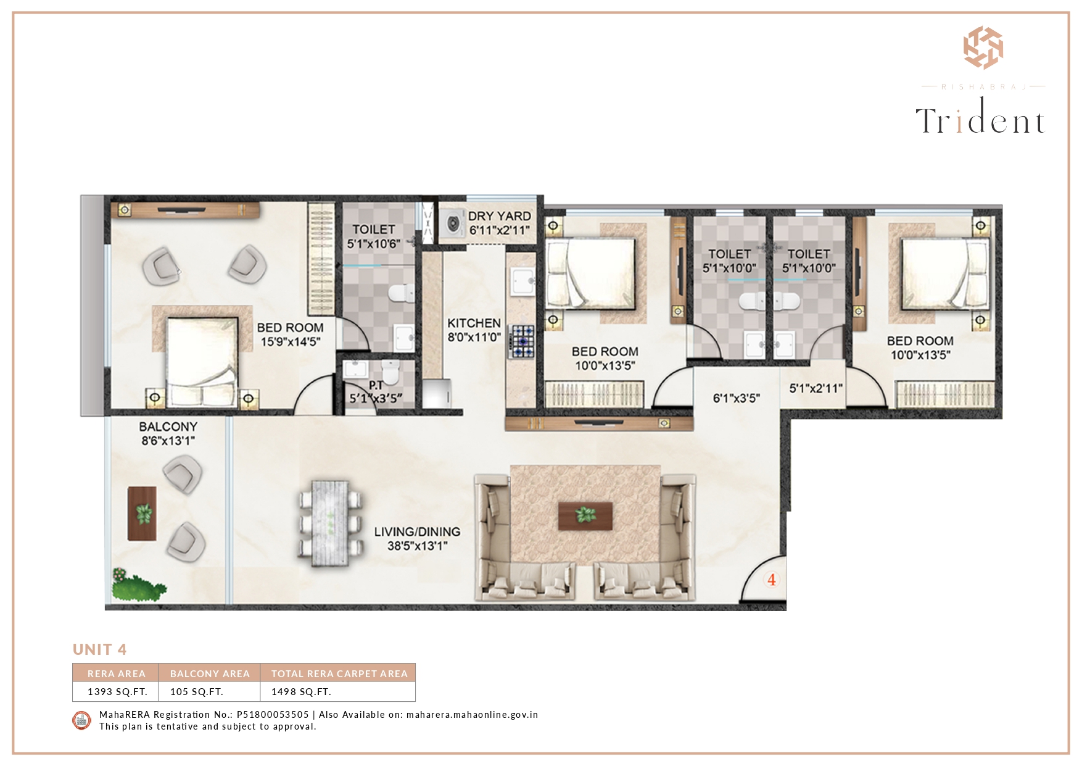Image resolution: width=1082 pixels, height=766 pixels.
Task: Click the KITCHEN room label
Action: tap(474, 323)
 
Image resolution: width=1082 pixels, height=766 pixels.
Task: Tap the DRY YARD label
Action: tap(499, 216)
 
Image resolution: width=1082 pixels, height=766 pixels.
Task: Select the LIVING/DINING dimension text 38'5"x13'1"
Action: tap(418, 546)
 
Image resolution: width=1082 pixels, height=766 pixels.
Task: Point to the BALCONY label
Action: tap(168, 427)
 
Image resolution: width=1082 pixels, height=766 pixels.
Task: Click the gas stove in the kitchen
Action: tap(521, 342)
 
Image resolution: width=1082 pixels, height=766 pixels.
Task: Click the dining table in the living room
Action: tap(330, 523)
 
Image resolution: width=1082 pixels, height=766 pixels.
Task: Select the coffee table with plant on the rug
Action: tap(585, 515)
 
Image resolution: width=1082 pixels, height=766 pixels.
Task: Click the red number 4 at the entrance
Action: tap(772, 580)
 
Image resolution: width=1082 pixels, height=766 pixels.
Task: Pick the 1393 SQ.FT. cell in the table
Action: tap(117, 691)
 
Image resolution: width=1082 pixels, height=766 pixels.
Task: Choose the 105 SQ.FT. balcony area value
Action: tap(197, 691)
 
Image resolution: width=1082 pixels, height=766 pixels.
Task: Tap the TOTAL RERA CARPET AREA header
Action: tap(339, 673)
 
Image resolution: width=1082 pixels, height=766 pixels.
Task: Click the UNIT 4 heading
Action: tap(99, 649)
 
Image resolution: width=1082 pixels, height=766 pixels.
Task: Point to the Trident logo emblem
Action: tap(983, 48)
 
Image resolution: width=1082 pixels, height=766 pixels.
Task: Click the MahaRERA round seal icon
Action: tap(82, 720)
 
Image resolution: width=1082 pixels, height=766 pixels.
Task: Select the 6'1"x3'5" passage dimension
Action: tap(736, 398)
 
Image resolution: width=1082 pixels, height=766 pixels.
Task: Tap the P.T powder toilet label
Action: tap(376, 385)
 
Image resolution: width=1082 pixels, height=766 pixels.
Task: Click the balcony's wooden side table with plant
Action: tap(142, 514)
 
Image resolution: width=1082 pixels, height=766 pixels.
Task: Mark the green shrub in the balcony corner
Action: tap(138, 585)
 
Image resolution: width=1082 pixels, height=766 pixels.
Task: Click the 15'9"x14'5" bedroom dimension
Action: tap(291, 341)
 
